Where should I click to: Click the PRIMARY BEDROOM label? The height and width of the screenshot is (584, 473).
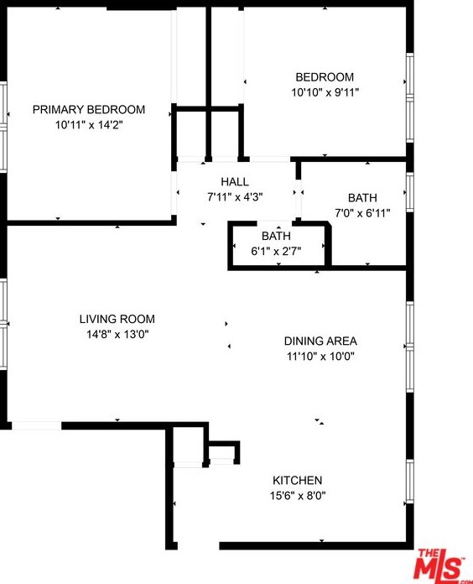(x=89, y=109)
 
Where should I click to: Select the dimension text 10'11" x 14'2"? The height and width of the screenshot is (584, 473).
(x=89, y=124)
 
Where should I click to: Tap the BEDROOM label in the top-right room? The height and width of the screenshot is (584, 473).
(x=324, y=77)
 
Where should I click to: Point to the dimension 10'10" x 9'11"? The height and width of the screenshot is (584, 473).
(x=324, y=92)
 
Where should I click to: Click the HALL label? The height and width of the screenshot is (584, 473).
(x=235, y=182)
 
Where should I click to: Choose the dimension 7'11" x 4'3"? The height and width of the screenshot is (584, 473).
(x=235, y=197)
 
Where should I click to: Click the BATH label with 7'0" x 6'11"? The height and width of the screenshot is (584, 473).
(x=362, y=198)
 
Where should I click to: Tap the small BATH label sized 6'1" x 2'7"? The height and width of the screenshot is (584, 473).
(x=276, y=236)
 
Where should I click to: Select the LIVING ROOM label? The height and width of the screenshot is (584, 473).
(x=117, y=319)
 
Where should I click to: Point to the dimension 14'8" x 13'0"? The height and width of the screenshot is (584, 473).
(x=117, y=334)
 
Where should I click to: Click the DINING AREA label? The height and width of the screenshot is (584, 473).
(x=320, y=341)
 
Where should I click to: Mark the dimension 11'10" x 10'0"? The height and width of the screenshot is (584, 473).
(x=320, y=356)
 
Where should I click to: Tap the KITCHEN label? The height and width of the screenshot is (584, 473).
(x=298, y=480)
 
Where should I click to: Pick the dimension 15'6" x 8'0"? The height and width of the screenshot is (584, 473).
(x=298, y=495)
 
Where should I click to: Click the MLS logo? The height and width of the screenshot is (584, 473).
(x=443, y=565)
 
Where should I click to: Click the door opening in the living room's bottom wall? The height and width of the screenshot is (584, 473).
(x=36, y=425)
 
